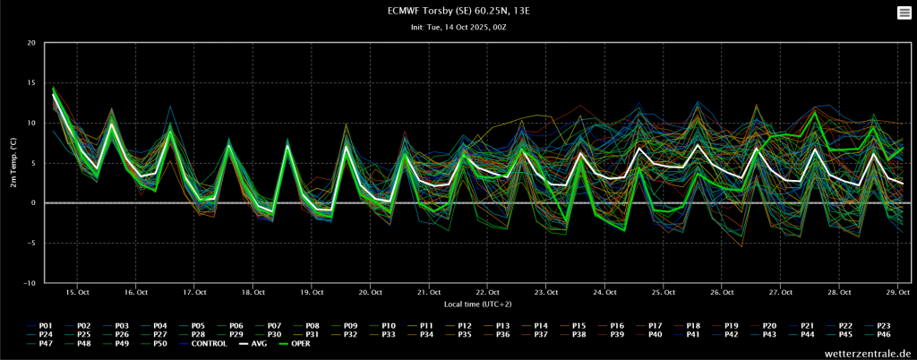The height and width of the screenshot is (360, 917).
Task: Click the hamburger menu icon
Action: point(904,13)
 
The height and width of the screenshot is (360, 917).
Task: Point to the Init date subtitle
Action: point(458,28)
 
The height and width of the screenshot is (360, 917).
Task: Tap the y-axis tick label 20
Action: point(31,43)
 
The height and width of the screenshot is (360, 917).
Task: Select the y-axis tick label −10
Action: point(29,283)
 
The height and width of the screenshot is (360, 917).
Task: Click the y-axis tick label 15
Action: point(31,83)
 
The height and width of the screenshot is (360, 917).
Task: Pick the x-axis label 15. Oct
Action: point(77,292)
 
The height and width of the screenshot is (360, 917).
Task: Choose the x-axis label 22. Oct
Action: point(487,292)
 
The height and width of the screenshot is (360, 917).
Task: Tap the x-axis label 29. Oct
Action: point(897,292)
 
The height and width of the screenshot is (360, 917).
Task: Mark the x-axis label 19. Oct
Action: point(312,292)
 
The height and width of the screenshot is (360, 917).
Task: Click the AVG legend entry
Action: point(251,344)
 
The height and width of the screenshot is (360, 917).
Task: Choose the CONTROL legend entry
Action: point(202,344)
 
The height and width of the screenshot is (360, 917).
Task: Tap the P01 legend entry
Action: point(39,325)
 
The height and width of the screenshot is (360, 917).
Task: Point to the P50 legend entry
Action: point(154,344)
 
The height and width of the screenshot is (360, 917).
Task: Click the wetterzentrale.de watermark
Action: point(868,354)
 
